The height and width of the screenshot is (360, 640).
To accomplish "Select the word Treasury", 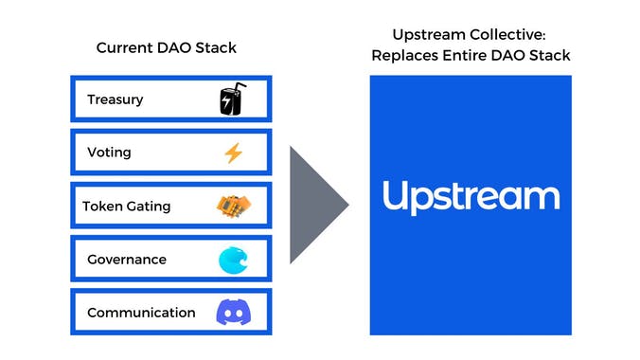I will tap(115, 99).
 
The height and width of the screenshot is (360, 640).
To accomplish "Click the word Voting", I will tap(109, 153).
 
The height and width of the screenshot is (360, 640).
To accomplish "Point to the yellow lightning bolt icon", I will tap(233, 153).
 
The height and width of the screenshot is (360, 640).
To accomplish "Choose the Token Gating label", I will tap(126, 206).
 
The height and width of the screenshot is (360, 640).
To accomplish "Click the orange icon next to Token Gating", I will tap(232, 206).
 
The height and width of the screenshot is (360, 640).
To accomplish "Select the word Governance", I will tap(126, 260).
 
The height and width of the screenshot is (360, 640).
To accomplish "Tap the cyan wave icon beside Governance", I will tap(233, 260).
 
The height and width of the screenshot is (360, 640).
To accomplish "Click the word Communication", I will tap(141, 313).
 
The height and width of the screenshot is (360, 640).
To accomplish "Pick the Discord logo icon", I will tap(233, 313).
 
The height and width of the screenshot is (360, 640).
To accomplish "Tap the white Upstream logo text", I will tap(471, 197).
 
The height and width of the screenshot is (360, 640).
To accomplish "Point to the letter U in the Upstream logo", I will tap(395, 196).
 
